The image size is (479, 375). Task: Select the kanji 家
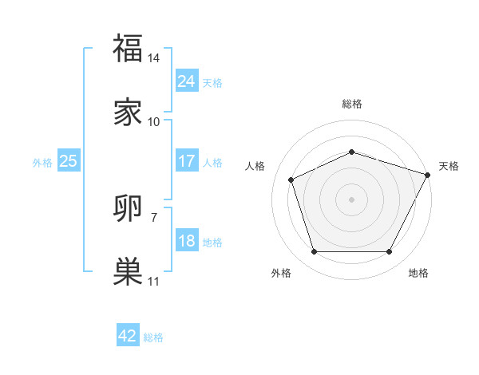(128, 112)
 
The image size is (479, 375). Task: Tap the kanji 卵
(128, 209)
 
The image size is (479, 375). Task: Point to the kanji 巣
(128, 271)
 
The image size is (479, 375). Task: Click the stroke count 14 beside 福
(154, 58)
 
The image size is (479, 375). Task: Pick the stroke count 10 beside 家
(154, 122)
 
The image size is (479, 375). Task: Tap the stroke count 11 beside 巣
(154, 282)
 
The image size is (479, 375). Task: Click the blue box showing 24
(186, 81)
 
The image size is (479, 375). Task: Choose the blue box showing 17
(186, 161)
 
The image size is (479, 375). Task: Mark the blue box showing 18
(186, 241)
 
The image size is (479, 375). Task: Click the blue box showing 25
(68, 161)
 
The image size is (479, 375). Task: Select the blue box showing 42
(128, 336)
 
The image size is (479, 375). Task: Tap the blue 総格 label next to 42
(153, 337)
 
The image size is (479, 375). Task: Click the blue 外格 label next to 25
(42, 163)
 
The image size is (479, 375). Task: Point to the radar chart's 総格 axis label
(351, 104)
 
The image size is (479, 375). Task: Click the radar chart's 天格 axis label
(449, 166)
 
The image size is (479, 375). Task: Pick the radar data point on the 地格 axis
(389, 251)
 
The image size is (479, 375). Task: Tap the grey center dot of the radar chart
(351, 199)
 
